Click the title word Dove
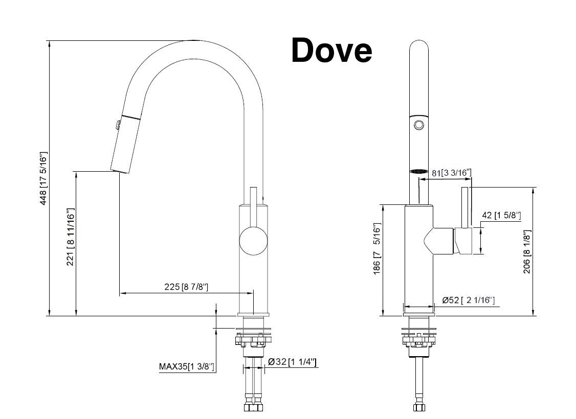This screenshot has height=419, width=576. point(331,51)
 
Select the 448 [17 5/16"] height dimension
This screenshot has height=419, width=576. point(44,178)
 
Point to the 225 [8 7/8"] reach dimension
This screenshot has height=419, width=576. point(186,287)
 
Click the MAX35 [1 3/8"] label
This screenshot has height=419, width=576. point(186,366)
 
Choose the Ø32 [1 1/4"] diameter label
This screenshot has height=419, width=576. point(292,362)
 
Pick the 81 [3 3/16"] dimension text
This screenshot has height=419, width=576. point(451,173)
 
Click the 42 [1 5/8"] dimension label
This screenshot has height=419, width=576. point(501,216)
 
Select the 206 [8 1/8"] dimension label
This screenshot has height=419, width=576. point(526,251)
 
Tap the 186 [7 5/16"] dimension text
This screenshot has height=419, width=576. point(377,247)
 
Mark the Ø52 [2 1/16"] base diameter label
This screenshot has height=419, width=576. point(469,300)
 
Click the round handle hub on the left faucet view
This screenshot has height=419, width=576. point(253,242)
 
